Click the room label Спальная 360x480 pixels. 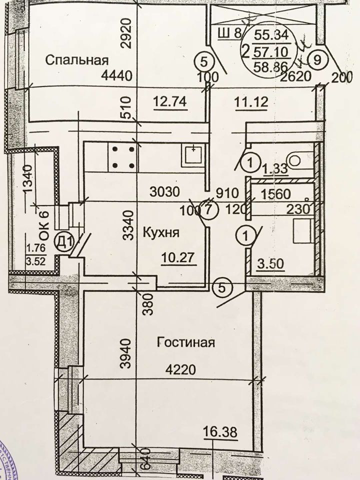[77, 60]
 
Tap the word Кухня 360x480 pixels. [161, 232]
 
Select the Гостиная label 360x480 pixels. [185, 343]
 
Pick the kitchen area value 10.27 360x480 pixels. [177, 258]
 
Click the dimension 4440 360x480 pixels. [115, 76]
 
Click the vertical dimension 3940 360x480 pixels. [126, 354]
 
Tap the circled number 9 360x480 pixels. [317, 59]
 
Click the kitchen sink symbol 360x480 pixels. [193, 154]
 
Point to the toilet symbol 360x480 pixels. [297, 159]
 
